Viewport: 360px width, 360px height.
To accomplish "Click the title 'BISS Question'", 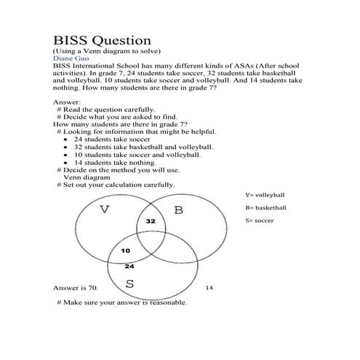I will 102,40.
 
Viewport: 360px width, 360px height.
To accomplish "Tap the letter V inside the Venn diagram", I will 105,211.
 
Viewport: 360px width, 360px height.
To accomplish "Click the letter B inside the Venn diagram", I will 178,211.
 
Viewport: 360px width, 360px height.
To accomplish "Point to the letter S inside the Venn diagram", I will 129,283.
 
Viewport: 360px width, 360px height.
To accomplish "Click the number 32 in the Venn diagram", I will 151,220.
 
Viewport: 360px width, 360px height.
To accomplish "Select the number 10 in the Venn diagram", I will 125,251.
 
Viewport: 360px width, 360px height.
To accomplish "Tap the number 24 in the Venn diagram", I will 129,266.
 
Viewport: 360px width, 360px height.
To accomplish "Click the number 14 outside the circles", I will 209,288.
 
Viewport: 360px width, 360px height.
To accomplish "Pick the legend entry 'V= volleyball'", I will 265,196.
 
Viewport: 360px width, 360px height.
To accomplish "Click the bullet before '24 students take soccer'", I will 66,139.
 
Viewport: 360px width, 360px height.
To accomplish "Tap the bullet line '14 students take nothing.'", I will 110,162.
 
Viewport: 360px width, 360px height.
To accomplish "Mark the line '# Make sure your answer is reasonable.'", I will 121,302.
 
